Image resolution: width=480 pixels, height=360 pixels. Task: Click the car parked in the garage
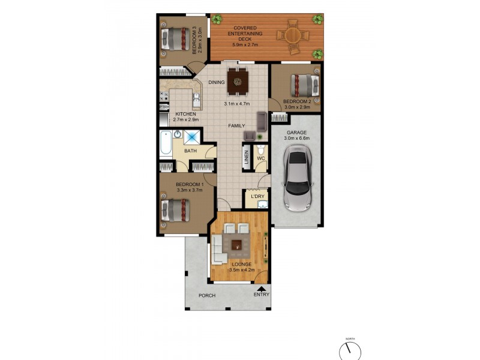click(296, 181)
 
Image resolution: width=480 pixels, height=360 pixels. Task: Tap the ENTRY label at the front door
click(262, 295)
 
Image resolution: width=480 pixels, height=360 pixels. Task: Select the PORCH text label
click(207, 296)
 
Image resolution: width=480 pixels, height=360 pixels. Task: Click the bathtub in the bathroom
click(166, 146)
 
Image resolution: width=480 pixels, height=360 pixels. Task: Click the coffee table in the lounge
click(238, 244)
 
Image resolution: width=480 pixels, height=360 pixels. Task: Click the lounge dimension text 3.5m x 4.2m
click(242, 270)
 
